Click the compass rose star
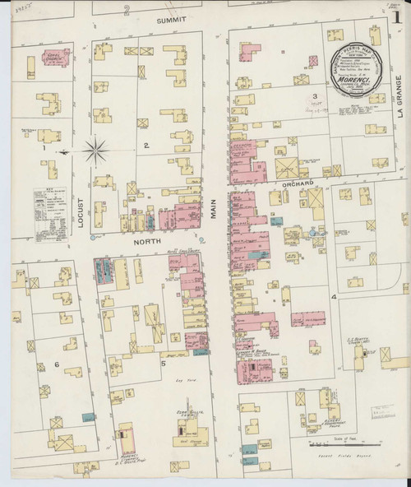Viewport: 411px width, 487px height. [96, 151]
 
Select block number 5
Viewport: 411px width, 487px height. [163, 363]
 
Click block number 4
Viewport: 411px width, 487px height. [333, 295]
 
